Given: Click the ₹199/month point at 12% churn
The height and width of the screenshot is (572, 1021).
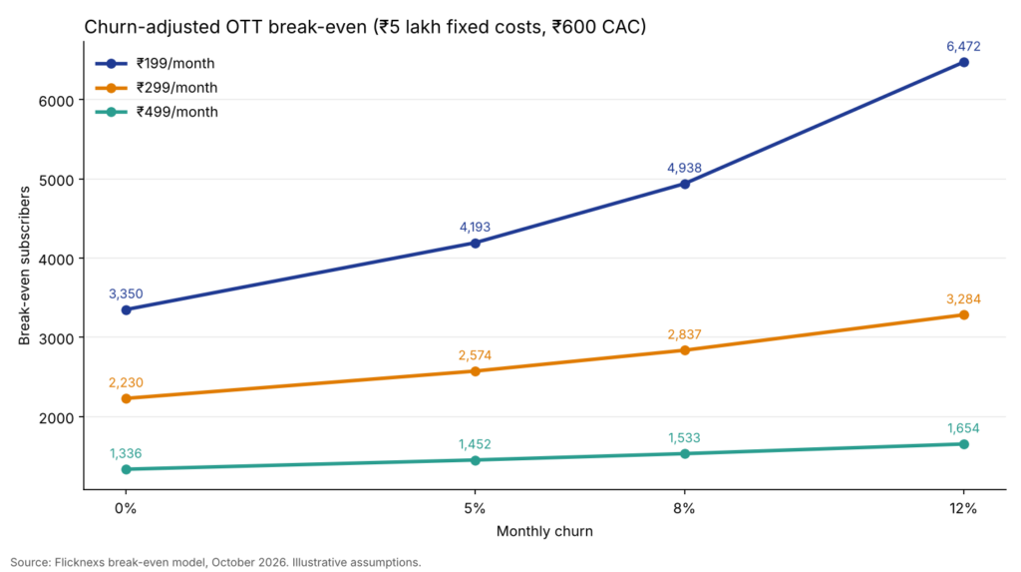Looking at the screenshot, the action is point(964,63).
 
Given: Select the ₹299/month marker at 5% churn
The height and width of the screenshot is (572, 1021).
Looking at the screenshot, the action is point(476,371).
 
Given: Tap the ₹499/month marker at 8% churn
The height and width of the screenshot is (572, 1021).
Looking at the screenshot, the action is point(685,454).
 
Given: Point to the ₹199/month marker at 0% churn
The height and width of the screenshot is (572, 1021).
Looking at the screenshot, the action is point(127,310).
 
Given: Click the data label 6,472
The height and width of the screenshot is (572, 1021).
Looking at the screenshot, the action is point(964,46).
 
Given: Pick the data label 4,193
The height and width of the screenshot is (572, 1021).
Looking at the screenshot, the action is point(476,227).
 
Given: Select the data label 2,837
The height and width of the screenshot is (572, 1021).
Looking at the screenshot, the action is point(684,334).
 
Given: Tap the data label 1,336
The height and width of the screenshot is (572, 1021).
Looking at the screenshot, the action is point(126,454).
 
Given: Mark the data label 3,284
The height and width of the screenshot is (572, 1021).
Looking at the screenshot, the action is point(964,299).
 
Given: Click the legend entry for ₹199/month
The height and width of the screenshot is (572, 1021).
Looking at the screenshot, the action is point(157,63).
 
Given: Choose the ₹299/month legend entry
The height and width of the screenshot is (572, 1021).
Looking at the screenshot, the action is point(157,88).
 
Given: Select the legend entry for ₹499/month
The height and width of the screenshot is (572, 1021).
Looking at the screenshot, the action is point(157,112).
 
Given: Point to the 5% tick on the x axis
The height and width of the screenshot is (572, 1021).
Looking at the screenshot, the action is point(476,509).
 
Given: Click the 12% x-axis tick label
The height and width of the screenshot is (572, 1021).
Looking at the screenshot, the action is point(963,509).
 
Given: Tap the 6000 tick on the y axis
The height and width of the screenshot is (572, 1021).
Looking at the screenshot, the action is point(57,101).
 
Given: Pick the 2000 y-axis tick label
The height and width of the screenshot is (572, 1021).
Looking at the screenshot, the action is point(57,417).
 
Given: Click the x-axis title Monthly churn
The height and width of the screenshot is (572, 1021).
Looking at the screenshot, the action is point(544,531).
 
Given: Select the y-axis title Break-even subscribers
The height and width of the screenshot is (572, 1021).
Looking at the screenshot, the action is point(25,266).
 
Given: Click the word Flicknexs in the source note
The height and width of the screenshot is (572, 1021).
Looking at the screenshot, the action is point(80,562).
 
